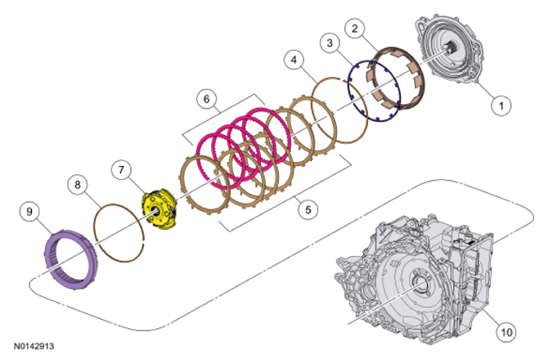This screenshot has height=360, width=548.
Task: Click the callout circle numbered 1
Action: (x=501, y=106)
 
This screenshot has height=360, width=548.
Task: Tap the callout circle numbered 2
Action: (x=355, y=29)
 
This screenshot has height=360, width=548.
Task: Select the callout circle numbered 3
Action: (x=330, y=43)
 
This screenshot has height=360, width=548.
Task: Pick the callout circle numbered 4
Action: (x=294, y=60)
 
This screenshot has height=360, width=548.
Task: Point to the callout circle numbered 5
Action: (x=308, y=209)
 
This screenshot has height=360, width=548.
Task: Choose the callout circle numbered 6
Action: (x=207, y=99)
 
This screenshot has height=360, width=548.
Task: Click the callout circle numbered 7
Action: (x=121, y=170)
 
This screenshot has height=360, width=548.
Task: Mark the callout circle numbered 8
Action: (x=78, y=185)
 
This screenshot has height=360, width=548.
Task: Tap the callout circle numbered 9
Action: (x=29, y=211)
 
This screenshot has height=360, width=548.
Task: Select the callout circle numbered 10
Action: (x=506, y=331)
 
